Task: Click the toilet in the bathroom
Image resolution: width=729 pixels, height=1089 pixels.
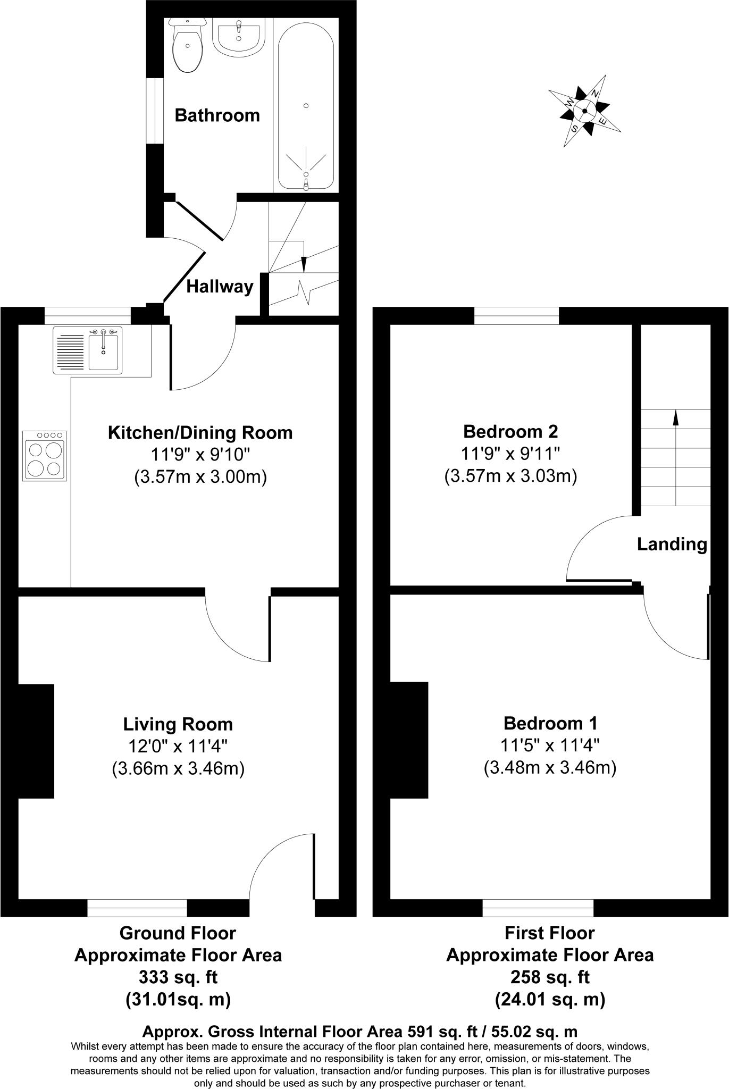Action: click(187, 48)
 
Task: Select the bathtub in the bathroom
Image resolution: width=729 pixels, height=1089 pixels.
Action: click(306, 104)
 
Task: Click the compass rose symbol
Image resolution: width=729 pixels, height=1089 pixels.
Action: click(584, 111)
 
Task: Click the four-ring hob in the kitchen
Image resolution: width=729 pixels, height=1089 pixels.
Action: click(45, 456)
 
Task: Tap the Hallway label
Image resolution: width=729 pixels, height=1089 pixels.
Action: click(220, 287)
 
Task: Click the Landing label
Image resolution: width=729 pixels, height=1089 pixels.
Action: click(672, 544)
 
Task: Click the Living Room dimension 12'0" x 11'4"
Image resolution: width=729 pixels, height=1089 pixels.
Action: click(178, 747)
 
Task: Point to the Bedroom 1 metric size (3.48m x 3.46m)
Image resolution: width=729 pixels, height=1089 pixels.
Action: click(550, 768)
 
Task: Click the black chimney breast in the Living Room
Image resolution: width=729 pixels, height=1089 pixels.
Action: click(36, 741)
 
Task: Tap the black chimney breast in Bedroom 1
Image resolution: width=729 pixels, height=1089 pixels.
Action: click(409, 740)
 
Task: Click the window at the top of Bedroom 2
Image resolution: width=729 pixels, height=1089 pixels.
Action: click(516, 316)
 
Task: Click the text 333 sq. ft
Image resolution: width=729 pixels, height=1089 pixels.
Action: click(178, 977)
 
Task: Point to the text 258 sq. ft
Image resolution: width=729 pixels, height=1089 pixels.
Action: click(550, 977)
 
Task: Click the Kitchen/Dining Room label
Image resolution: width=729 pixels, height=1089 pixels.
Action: click(200, 433)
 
